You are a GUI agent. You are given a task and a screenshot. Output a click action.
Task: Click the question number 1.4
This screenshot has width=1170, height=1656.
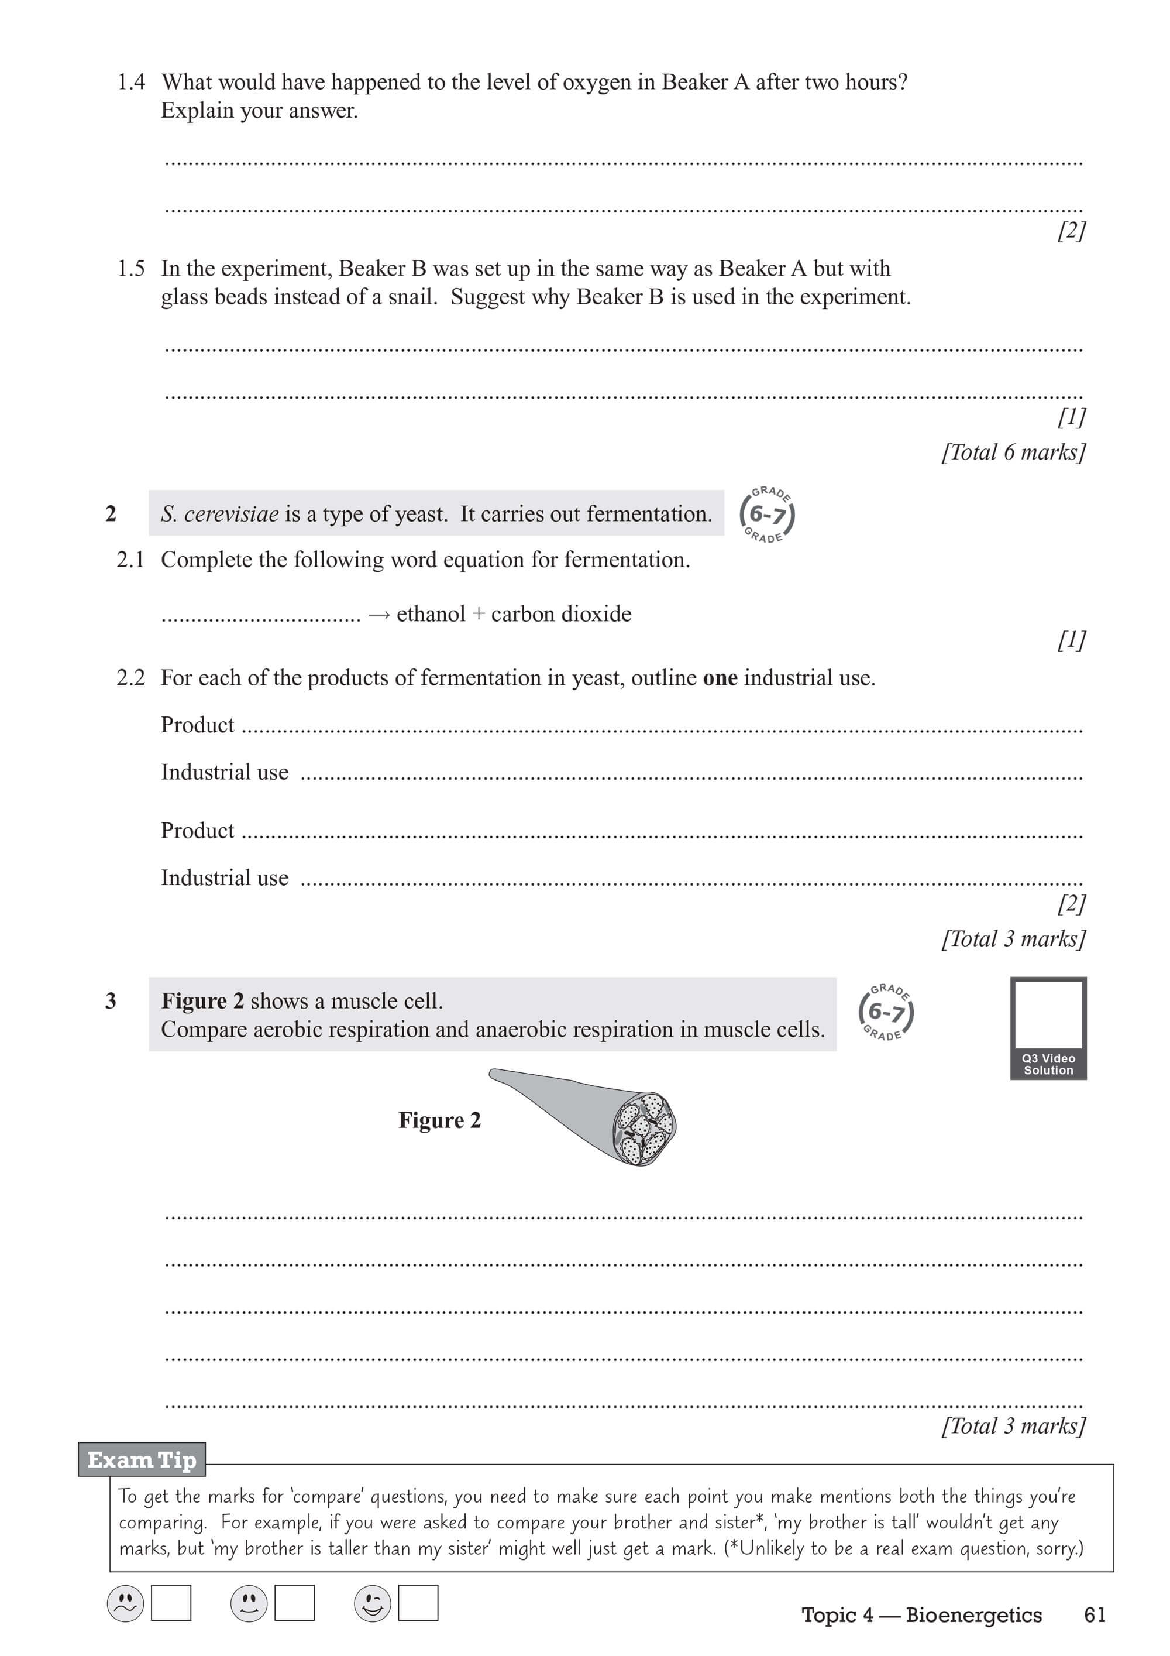(131, 82)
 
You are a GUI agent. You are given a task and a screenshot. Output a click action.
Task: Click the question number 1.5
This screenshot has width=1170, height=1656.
(131, 269)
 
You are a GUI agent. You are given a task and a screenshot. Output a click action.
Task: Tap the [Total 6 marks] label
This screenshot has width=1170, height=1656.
(1013, 452)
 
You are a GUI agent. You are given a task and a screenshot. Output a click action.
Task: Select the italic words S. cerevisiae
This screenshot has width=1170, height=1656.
(219, 515)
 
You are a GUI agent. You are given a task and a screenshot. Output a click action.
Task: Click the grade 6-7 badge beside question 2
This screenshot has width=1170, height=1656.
(767, 515)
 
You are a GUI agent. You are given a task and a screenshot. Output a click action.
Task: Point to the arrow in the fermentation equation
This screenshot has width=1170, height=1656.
(379, 615)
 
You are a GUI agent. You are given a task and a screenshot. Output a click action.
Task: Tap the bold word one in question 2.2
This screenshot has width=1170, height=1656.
(720, 678)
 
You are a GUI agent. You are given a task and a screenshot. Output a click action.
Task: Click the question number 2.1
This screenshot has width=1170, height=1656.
(130, 560)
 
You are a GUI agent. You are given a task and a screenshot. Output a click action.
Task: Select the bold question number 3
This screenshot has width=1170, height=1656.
(111, 1001)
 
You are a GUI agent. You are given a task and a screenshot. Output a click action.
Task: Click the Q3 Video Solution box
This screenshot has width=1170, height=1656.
(1048, 1028)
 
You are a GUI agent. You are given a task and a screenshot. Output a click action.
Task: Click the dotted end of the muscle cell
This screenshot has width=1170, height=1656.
(643, 1128)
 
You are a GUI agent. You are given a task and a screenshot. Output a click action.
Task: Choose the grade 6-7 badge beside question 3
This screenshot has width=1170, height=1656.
(886, 1013)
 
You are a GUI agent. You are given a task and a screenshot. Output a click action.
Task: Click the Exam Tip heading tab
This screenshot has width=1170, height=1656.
(142, 1460)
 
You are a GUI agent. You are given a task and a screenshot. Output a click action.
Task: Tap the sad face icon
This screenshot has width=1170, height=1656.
(125, 1604)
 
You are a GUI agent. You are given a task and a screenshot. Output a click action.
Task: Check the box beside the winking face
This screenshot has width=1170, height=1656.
(418, 1603)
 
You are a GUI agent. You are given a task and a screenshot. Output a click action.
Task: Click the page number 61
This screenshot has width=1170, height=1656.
(1095, 1615)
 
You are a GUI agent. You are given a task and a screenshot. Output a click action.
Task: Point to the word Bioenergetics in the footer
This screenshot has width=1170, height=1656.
(973, 1615)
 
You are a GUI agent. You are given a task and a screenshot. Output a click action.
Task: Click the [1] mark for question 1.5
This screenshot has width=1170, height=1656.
(1071, 416)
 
